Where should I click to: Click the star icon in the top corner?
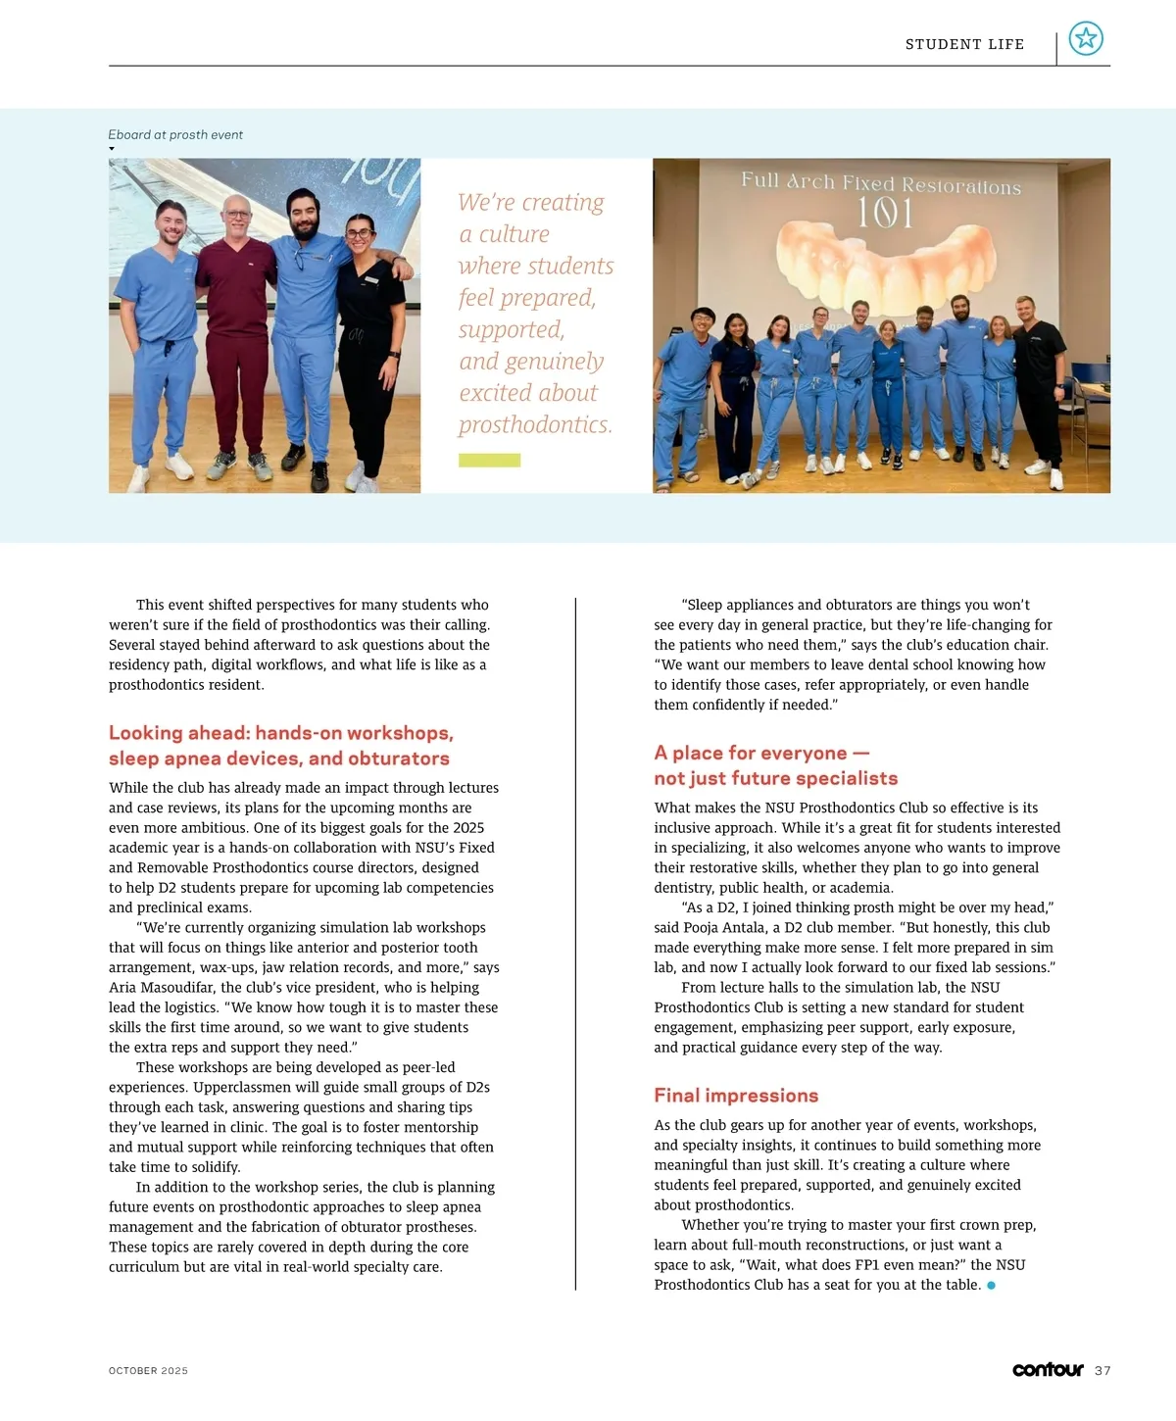[x=1086, y=38]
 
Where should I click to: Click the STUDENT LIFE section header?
[x=964, y=44]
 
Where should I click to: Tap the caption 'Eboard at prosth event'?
[x=175, y=135]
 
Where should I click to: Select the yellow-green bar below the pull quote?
[x=489, y=461]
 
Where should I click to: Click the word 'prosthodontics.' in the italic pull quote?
[x=535, y=425]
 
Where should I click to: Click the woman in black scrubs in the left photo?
[x=366, y=343]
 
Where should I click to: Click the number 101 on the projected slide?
[x=885, y=213]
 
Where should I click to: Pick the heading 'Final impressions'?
[x=736, y=1096]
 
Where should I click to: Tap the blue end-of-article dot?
[x=991, y=1285]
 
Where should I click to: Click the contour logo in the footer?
[x=1048, y=1370]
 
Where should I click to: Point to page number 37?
[x=1102, y=1371]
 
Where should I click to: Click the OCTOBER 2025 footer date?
[x=148, y=1371]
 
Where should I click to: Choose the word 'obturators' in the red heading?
[x=399, y=759]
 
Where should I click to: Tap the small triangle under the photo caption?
[x=112, y=149]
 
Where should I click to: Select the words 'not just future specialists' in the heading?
[x=775, y=779]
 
